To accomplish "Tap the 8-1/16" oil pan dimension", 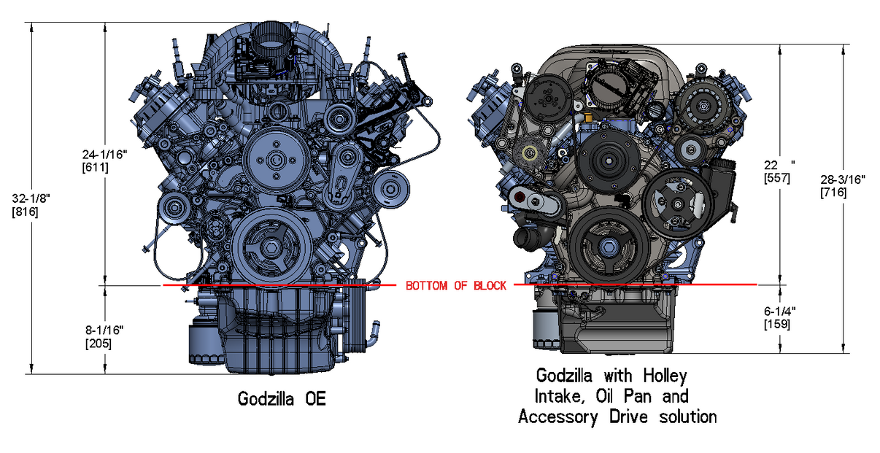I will tap(103, 330).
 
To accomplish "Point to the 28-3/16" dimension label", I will tap(843, 179).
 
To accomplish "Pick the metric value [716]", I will tap(833, 193).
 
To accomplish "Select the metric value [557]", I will tap(776, 177).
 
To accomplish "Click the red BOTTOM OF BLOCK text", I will tap(455, 285).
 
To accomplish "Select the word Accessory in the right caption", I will tap(556, 417).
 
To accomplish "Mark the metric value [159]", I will tap(776, 324).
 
